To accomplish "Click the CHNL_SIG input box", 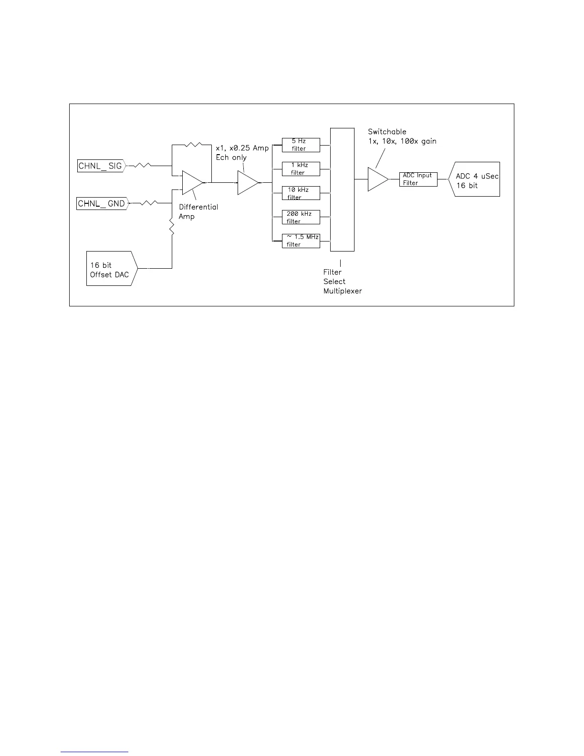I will (x=101, y=166).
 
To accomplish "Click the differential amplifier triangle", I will (x=192, y=182).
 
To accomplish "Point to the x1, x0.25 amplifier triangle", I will (x=247, y=182).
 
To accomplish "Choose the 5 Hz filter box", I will (x=301, y=145).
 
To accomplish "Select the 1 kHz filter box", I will (x=301, y=169).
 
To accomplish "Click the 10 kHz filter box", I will (x=301, y=193).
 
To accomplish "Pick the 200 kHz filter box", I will (x=301, y=217).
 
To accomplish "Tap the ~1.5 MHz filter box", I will (x=301, y=241).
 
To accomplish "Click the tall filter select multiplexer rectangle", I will (x=342, y=189).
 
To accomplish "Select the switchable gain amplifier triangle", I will (x=377, y=179).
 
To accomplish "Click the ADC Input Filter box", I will (x=418, y=179).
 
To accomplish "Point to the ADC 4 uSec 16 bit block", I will (x=475, y=179).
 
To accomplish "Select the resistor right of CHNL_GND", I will (x=148, y=203).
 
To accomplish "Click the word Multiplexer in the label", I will (x=343, y=291).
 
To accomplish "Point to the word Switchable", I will (x=387, y=132).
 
